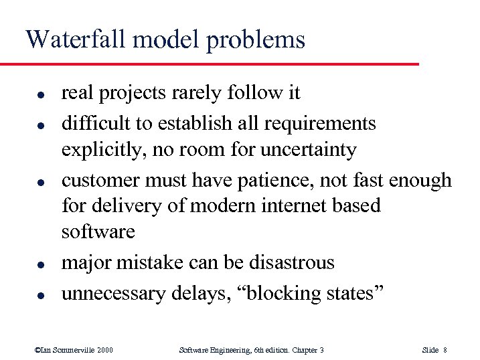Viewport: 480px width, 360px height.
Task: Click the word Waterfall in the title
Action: [75, 39]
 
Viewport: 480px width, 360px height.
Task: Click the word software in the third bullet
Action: [98, 232]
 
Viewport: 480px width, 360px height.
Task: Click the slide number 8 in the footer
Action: [445, 349]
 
